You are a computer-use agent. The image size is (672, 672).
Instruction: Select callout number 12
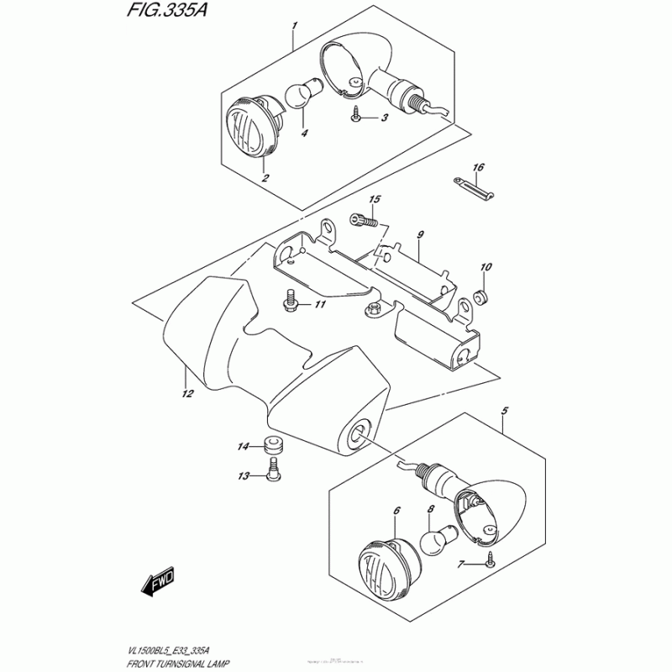point(186,392)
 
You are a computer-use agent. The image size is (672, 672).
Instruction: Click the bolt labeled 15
point(365,221)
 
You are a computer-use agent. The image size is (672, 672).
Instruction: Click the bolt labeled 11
point(291,300)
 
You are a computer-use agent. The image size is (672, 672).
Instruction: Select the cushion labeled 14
point(273,444)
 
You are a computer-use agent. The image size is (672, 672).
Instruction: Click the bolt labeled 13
point(273,475)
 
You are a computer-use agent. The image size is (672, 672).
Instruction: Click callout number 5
point(504,411)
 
